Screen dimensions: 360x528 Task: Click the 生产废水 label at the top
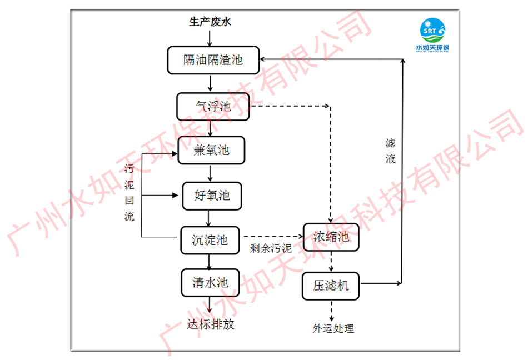pos(210,22)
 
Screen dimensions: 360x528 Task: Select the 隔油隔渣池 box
pos(213,59)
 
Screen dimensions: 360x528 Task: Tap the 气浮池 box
pos(213,106)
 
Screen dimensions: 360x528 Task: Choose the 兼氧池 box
pos(211,150)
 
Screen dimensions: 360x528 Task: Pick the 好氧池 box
pos(211,196)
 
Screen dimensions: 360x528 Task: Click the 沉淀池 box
pos(210,240)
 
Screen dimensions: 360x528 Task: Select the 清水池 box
pos(210,282)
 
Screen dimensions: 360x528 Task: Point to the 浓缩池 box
pos(331,237)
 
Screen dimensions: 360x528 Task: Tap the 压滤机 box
pos(331,286)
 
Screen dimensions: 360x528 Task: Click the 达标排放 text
pos(210,324)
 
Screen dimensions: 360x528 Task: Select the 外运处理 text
pos(333,328)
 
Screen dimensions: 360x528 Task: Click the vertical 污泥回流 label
pos(129,192)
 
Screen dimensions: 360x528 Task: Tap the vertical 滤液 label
pos(390,151)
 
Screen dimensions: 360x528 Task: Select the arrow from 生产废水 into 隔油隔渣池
pos(210,38)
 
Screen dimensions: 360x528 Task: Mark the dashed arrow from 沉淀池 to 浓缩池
pos(273,237)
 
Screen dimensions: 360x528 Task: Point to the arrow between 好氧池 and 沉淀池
pos(210,218)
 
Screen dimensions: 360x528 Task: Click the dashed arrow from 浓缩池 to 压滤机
pos(331,261)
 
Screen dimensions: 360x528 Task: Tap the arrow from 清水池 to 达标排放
pos(210,304)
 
